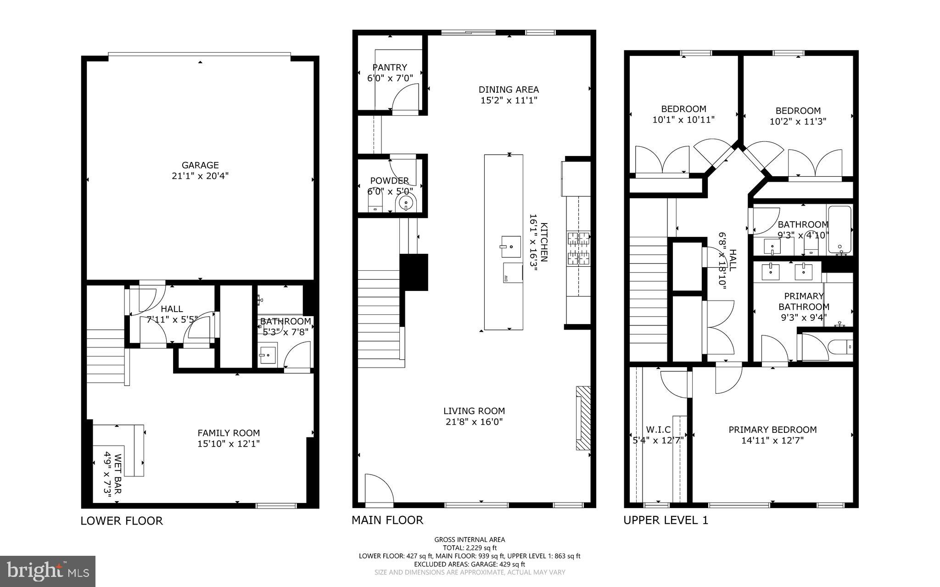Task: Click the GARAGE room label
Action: (200, 165)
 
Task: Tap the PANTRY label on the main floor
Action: (390, 67)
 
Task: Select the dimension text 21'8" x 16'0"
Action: (474, 422)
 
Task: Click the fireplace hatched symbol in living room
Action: (583, 418)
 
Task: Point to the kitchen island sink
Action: (510, 246)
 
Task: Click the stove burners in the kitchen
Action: (579, 249)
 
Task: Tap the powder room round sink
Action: (406, 202)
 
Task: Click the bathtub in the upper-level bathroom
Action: (839, 230)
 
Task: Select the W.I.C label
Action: (658, 430)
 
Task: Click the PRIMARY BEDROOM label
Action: (772, 430)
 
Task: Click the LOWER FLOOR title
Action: (122, 521)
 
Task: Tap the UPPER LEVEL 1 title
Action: (666, 520)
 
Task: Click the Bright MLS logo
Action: (48, 571)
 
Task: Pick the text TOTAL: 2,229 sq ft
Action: (470, 548)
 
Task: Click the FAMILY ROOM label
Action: (229, 433)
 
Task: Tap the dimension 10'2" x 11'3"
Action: (798, 122)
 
